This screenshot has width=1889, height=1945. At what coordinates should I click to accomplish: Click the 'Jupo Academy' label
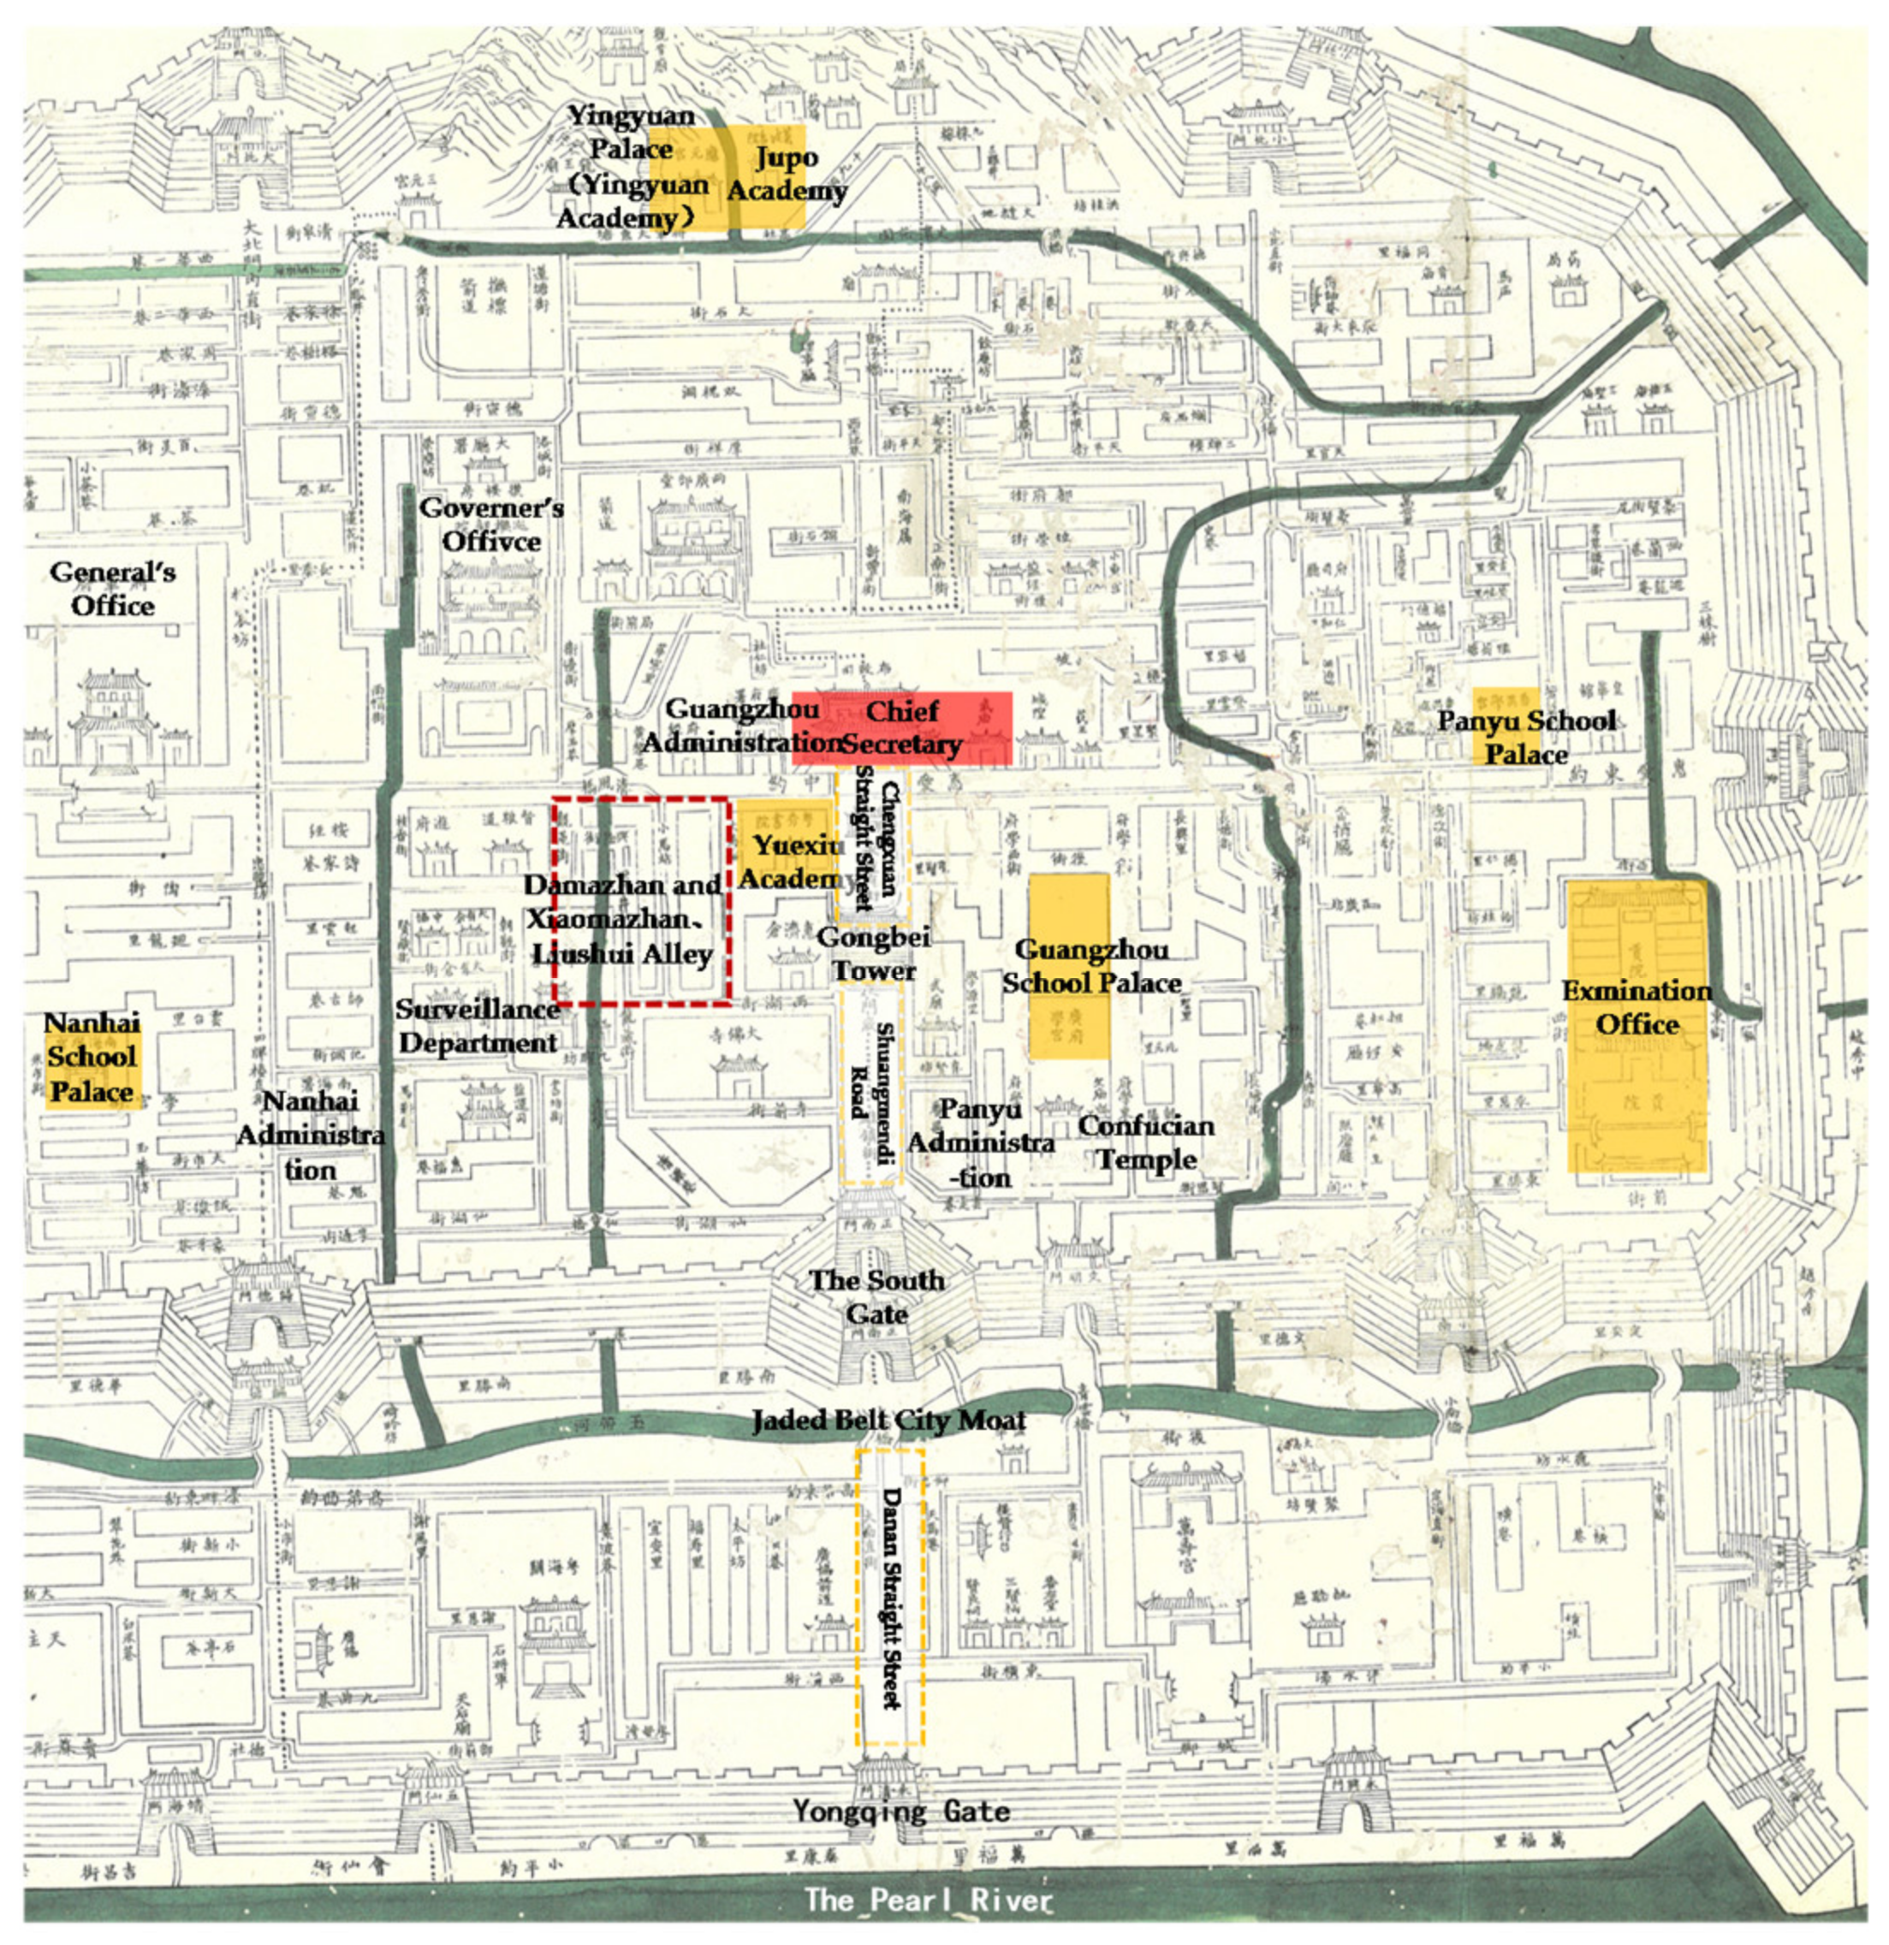(x=787, y=174)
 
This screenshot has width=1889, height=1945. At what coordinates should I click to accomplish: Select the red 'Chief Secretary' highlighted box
(x=901, y=727)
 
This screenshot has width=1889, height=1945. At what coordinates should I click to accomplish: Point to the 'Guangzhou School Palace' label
(x=1091, y=965)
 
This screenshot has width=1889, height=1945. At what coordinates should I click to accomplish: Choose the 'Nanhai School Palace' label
(x=92, y=1057)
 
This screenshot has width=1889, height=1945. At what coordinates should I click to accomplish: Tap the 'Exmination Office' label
(x=1637, y=1007)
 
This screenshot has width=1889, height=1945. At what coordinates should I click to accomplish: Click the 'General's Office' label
(x=112, y=589)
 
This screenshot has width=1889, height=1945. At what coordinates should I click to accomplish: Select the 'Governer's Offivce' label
(x=491, y=524)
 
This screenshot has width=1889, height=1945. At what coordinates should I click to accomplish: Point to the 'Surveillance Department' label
(x=478, y=1026)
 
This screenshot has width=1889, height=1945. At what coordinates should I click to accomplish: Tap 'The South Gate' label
(x=876, y=1297)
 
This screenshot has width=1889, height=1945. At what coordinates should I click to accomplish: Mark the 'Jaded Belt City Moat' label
(x=888, y=1421)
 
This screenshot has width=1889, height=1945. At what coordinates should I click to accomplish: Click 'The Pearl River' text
(x=927, y=1901)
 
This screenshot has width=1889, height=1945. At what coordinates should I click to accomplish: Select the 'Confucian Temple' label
(x=1147, y=1142)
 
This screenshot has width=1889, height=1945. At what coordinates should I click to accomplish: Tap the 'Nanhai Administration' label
(x=311, y=1136)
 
